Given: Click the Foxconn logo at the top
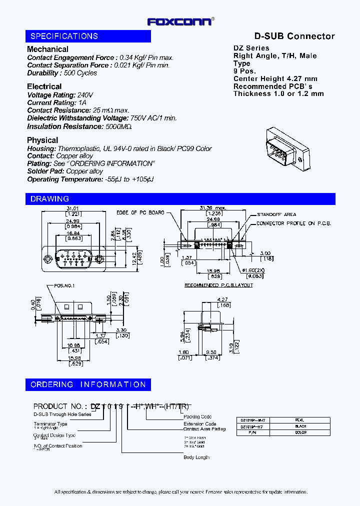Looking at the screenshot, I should click(180, 21).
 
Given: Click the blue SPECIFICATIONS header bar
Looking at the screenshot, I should click(88, 36).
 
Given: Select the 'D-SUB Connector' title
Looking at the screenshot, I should click(294, 36).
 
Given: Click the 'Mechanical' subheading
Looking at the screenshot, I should click(47, 49).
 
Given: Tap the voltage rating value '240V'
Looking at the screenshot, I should click(85, 95).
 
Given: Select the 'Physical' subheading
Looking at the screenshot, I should click(42, 140).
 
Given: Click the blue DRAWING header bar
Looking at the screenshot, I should click(180, 199).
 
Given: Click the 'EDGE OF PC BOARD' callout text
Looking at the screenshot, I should click(140, 213).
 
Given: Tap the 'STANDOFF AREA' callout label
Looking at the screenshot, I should click(276, 214).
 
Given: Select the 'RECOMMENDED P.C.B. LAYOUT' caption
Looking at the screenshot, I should click(218, 285).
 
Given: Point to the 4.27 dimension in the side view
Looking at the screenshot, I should click(222, 300).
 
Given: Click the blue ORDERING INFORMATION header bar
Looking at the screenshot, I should click(88, 384).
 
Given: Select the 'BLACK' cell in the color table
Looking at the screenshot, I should click(300, 426).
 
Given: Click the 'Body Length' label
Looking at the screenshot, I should click(196, 457).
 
